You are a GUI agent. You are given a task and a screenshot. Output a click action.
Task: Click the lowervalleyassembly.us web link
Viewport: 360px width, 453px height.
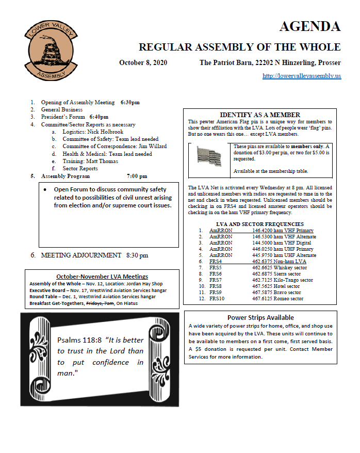click(301, 76)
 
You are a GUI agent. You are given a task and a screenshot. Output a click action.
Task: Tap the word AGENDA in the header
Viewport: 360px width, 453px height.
click(309, 26)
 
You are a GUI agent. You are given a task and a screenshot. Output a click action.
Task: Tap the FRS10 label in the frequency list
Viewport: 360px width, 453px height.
click(218, 298)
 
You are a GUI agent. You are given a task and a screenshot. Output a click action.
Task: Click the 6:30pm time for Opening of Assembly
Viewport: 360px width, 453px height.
click(130, 102)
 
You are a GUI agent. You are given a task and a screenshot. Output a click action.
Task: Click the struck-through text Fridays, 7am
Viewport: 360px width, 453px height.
click(101, 303)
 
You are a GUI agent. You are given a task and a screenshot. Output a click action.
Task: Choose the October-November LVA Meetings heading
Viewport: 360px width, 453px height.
click(102, 277)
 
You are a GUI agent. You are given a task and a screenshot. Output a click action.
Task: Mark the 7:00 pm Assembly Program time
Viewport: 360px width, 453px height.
click(137, 176)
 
